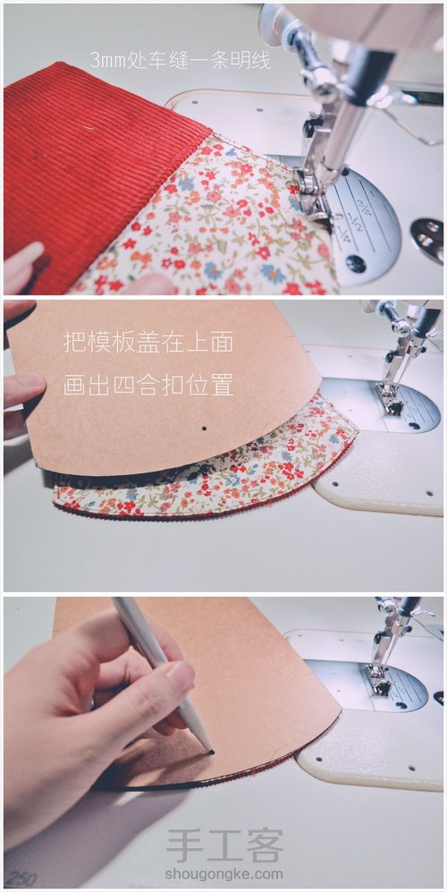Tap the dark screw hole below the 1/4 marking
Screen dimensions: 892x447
[x=357, y=264]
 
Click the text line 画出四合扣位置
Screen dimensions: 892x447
[x=148, y=386]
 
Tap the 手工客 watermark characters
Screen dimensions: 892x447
[x=224, y=844]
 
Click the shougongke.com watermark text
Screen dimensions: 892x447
[x=224, y=874]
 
